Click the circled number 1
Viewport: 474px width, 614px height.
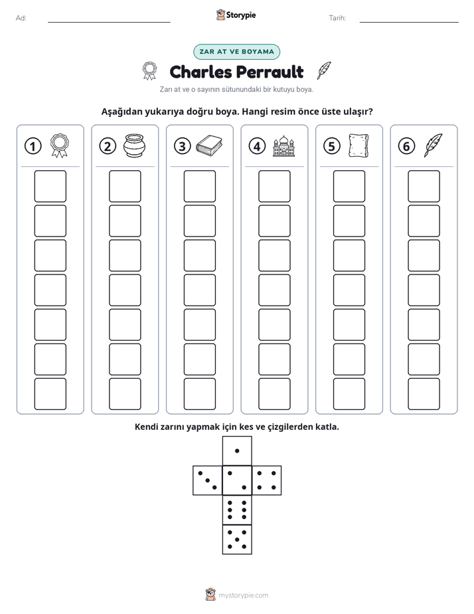[x=33, y=146]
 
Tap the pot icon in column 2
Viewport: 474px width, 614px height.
[x=134, y=146]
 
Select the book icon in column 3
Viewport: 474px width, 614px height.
[x=209, y=146]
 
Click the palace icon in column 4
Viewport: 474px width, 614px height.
[x=283, y=146]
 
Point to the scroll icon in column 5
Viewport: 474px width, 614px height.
[x=358, y=146]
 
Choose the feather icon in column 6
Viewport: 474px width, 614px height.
[x=434, y=146]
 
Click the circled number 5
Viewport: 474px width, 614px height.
[x=332, y=146]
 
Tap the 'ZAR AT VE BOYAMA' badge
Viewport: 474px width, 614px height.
[x=236, y=52]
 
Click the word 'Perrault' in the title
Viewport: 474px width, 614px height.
[x=270, y=72]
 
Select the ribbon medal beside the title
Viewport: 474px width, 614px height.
[x=149, y=70]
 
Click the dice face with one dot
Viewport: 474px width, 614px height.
[x=237, y=451]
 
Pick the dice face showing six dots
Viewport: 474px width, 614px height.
[x=237, y=510]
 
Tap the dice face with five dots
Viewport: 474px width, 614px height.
[x=237, y=540]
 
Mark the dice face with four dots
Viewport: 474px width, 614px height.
[x=267, y=480]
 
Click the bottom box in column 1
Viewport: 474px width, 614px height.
[x=50, y=394]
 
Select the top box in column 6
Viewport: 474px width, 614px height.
[x=424, y=186]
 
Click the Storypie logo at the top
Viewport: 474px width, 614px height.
[x=236, y=15]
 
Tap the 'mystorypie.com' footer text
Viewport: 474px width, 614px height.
[x=243, y=595]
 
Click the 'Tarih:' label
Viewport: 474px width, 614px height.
[x=337, y=18]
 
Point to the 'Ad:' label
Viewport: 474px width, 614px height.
[x=21, y=18]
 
